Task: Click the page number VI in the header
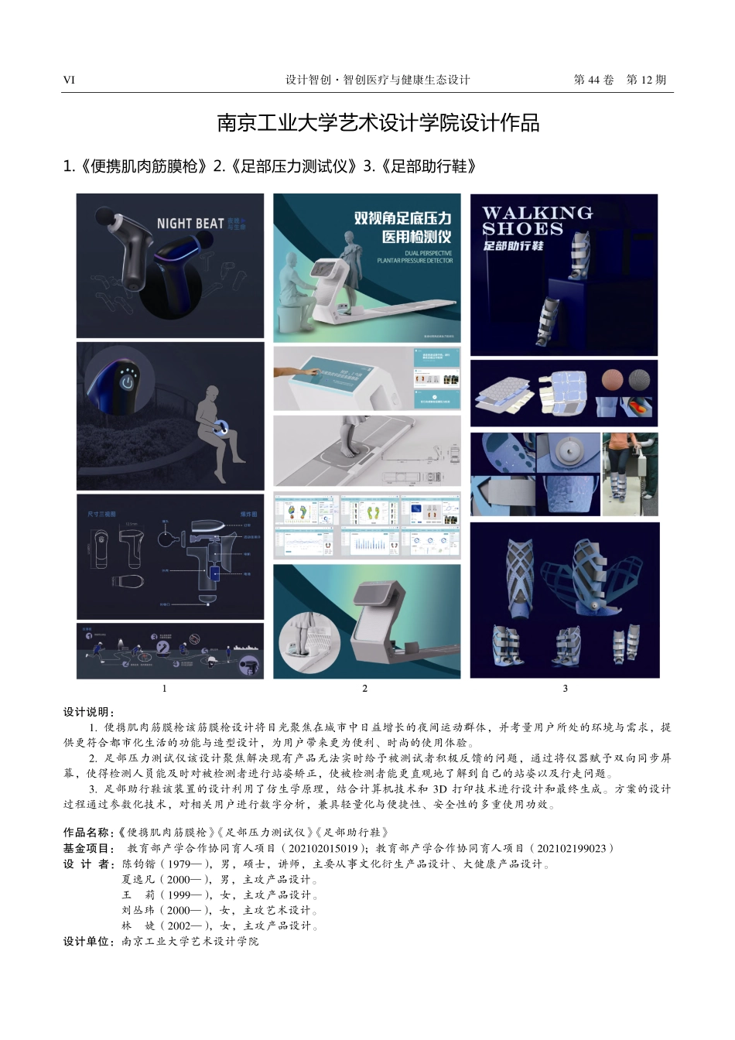point(69,80)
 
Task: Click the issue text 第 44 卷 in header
point(593,80)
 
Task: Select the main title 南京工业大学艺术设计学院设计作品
point(378,123)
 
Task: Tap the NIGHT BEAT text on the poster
point(190,224)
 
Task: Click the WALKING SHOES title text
point(537,221)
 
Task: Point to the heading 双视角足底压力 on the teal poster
point(402,218)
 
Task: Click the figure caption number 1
point(164,688)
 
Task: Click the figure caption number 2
point(365,688)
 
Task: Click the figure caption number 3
point(565,688)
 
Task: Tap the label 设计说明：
point(89,712)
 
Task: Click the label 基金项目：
point(89,848)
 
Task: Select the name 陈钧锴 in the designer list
point(138,864)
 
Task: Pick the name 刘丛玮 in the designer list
point(138,910)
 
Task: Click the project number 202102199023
point(571,848)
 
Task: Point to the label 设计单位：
point(89,941)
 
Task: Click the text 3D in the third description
point(440,789)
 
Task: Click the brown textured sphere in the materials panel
point(612,380)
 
